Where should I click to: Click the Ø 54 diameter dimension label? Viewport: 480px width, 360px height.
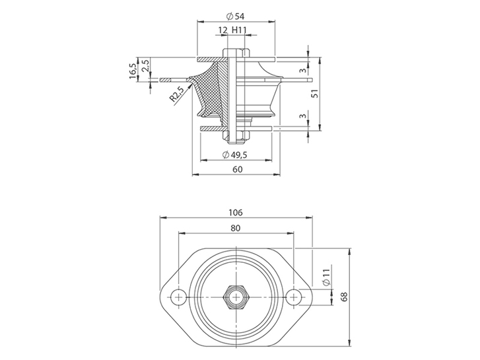[236, 16]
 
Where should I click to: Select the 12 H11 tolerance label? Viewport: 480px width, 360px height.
[232, 30]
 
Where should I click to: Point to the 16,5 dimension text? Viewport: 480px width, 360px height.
[132, 71]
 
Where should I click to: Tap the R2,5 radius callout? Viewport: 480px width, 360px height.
[177, 94]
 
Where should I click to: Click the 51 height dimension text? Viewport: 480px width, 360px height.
[315, 93]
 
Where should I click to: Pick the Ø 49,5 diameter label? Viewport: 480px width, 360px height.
[235, 155]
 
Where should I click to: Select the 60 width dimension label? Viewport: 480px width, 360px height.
[237, 169]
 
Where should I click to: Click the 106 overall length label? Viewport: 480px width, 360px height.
[236, 212]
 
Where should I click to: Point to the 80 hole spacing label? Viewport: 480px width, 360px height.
[236, 228]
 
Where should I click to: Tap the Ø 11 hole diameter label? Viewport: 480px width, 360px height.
[327, 277]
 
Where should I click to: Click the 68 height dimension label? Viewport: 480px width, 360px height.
[345, 297]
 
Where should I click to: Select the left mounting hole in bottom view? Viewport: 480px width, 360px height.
[178, 297]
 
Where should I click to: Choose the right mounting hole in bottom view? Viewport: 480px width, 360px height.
[294, 297]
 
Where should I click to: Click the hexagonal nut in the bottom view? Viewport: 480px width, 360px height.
[236, 297]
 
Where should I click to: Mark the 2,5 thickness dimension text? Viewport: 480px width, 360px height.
[146, 65]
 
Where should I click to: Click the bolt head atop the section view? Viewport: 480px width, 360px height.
[236, 52]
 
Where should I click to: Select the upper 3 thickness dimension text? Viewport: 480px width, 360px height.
[302, 70]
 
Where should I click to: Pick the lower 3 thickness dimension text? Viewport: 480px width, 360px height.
[302, 116]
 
